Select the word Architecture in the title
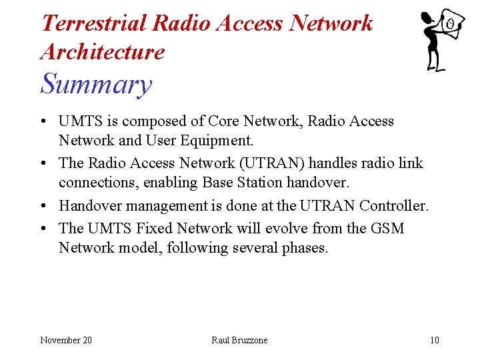coord(102,52)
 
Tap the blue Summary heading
coord(96,85)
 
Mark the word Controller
coord(395,206)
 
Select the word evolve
coord(285,228)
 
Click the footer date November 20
coord(66,340)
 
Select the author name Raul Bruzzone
coord(239,340)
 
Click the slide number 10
coord(434,340)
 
